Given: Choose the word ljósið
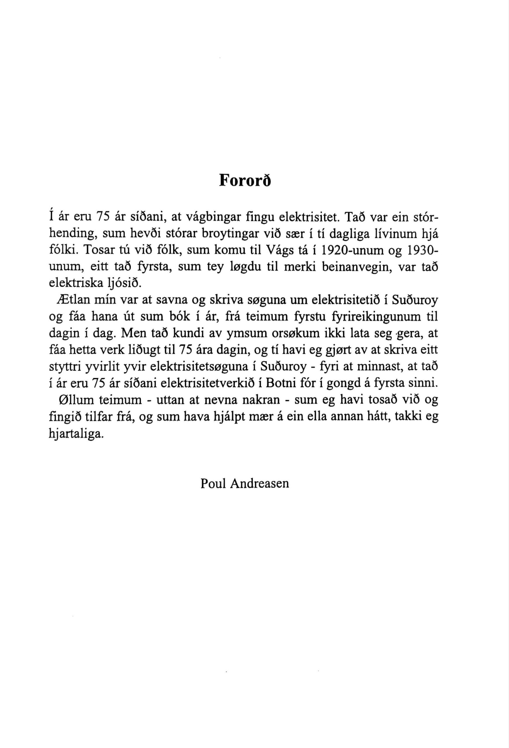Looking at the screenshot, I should [x=128, y=283].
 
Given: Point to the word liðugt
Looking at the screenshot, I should [x=143, y=349].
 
